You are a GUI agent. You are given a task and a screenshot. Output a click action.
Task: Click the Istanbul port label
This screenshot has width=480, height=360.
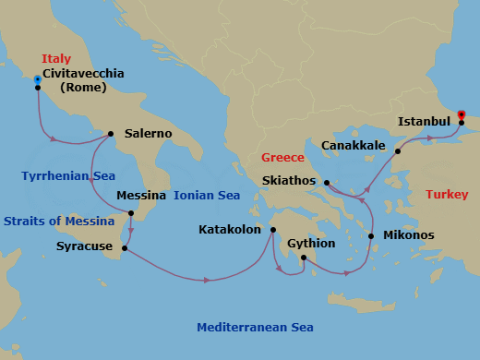(x=424, y=121)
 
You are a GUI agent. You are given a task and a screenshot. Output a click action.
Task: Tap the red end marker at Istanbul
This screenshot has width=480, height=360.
(x=462, y=115)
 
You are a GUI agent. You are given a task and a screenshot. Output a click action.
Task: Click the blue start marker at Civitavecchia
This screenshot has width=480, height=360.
(x=37, y=79)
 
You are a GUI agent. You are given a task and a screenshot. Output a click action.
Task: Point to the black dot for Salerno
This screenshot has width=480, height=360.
(x=111, y=134)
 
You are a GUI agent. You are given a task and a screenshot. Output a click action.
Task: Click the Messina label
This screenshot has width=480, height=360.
(x=141, y=196)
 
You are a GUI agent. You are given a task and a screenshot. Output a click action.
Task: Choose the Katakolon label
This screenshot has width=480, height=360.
(x=230, y=229)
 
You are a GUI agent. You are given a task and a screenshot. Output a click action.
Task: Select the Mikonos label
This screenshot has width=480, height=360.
(x=408, y=235)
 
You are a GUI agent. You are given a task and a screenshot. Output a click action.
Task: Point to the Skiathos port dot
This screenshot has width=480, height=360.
(x=326, y=182)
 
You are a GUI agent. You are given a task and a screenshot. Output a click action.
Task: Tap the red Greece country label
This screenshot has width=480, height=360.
(x=282, y=158)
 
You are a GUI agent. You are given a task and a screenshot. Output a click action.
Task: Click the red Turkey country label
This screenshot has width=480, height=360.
(x=447, y=195)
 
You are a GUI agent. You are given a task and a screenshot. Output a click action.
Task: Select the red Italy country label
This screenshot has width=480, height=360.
(x=56, y=58)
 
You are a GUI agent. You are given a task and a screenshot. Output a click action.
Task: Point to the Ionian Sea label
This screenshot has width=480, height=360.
(x=207, y=196)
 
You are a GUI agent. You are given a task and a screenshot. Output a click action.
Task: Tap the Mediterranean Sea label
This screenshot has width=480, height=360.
(x=256, y=328)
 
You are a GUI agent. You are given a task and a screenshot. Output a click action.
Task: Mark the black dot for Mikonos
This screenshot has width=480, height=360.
(x=371, y=236)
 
